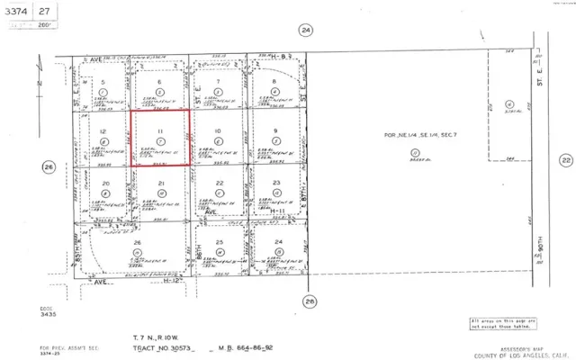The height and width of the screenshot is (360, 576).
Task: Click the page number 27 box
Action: (x=42, y=11)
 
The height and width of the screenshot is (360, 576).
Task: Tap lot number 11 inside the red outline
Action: (x=160, y=131)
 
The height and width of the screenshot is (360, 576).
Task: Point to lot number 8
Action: (x=275, y=82)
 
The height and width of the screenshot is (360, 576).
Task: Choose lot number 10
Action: (x=218, y=131)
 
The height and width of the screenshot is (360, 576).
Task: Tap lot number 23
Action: (x=276, y=184)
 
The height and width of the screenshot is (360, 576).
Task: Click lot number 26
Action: (x=138, y=244)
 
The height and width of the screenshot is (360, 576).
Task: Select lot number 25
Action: (x=219, y=244)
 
